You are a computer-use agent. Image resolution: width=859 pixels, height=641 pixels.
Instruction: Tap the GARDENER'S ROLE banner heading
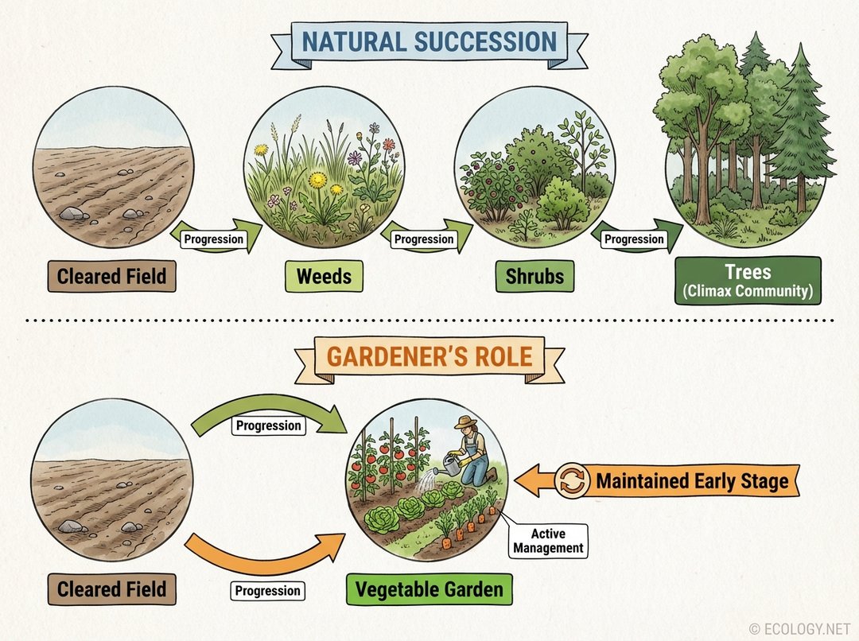point(430,356)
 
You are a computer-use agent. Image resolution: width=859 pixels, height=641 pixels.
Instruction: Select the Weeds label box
point(324,277)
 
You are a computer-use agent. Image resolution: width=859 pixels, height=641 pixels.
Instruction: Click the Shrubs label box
point(534,277)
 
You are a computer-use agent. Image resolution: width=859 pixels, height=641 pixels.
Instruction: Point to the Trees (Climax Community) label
point(748,280)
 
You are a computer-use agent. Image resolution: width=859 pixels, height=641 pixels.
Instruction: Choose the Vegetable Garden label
point(429,590)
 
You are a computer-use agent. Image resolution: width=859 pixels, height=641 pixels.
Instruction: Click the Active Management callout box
point(548,541)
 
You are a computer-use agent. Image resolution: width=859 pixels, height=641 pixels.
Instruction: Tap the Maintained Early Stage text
point(692,481)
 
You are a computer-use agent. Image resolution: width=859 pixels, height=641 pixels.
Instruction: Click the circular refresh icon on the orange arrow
point(572,481)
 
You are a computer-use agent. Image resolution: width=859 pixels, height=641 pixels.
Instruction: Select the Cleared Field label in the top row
point(111,277)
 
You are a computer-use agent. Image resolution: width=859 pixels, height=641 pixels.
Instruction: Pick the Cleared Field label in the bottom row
point(111,590)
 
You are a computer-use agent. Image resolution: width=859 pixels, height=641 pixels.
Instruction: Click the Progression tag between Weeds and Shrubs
point(424,239)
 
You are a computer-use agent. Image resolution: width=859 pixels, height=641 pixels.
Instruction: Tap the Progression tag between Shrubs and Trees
point(634,239)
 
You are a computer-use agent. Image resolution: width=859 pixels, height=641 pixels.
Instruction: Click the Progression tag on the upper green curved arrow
point(269,425)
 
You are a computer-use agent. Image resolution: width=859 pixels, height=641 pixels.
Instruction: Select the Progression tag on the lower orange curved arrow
point(268,591)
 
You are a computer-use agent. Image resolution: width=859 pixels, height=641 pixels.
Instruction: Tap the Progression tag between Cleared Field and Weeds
point(213,239)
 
